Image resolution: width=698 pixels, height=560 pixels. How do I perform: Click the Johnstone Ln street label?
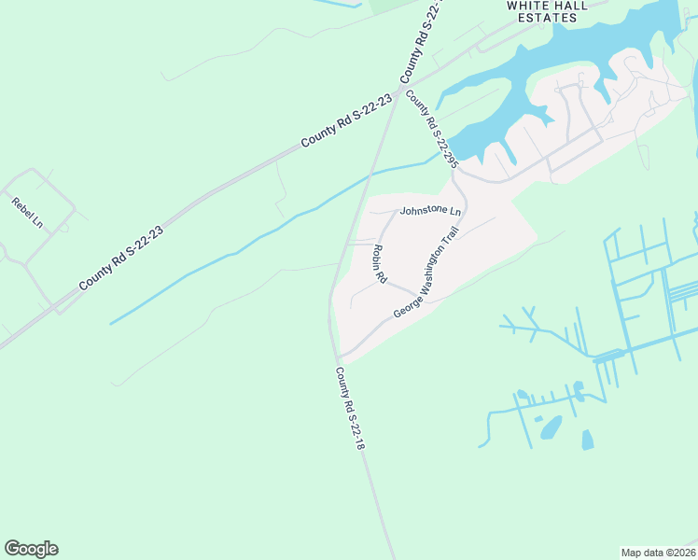coord(430,211)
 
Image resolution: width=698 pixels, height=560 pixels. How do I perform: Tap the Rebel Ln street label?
coord(27,213)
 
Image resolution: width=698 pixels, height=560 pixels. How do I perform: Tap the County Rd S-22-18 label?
coord(349,409)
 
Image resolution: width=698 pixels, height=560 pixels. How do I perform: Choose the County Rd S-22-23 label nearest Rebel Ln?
coord(121,257)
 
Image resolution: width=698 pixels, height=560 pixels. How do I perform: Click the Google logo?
coord(31,548)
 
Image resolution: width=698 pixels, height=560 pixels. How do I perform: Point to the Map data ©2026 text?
coord(658,552)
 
